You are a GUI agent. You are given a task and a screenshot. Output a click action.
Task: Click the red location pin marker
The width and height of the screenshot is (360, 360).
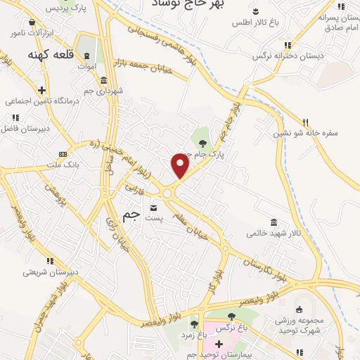pyautogui.click(x=181, y=166)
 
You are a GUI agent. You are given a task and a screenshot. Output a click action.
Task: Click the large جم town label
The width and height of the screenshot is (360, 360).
pyautogui.click(x=131, y=217)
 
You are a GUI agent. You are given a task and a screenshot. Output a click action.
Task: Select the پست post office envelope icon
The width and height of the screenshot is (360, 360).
pyautogui.click(x=154, y=208)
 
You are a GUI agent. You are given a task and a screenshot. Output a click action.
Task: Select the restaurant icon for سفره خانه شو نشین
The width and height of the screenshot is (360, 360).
pyautogui.click(x=305, y=122)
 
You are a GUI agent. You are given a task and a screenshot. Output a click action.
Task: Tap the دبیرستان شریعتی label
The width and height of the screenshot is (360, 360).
pyautogui.click(x=49, y=272)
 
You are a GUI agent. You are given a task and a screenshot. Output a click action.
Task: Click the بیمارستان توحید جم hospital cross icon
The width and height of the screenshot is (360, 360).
pyautogui.click(x=219, y=344)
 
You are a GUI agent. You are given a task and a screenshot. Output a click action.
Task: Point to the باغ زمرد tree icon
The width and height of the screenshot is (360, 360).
pyautogui.click(x=194, y=324)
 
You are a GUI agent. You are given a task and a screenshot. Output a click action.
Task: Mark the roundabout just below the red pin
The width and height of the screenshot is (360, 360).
pyautogui.click(x=169, y=193)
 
